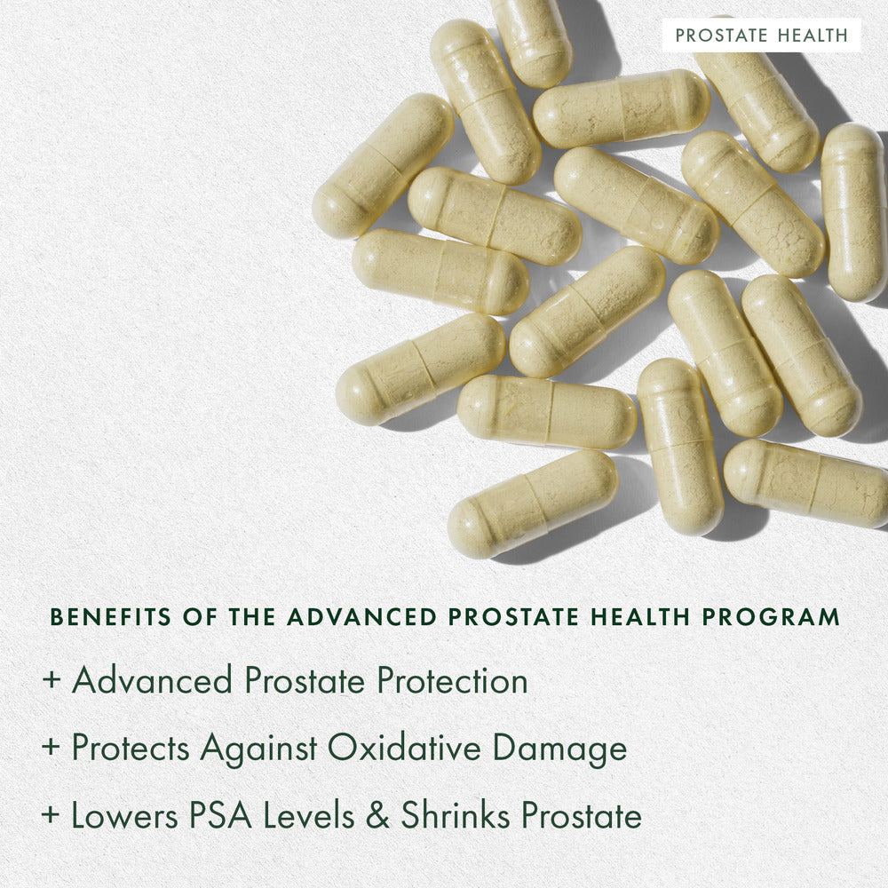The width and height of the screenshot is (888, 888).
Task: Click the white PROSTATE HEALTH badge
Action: click(761, 36)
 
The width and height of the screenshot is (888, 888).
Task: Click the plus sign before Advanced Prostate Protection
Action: click(52, 682)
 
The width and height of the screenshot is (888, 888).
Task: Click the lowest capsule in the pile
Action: click(533, 503)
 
